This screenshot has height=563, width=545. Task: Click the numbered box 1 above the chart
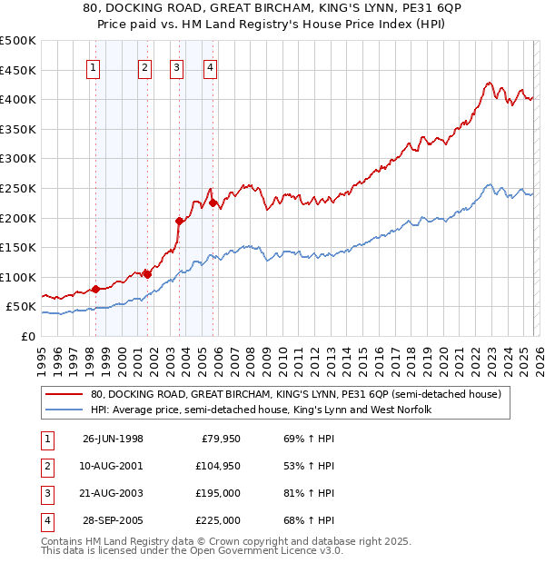pos(95,66)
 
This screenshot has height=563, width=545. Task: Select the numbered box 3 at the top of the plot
pos(177,66)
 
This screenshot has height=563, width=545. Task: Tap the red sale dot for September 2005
pos(213,203)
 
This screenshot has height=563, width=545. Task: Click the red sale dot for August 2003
pos(179,221)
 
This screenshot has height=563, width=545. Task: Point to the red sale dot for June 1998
pos(95,289)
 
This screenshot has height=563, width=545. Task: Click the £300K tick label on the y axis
pos(18,158)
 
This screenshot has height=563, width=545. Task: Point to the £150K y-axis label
pos(18,247)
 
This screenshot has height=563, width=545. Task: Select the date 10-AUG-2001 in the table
pos(113,465)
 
